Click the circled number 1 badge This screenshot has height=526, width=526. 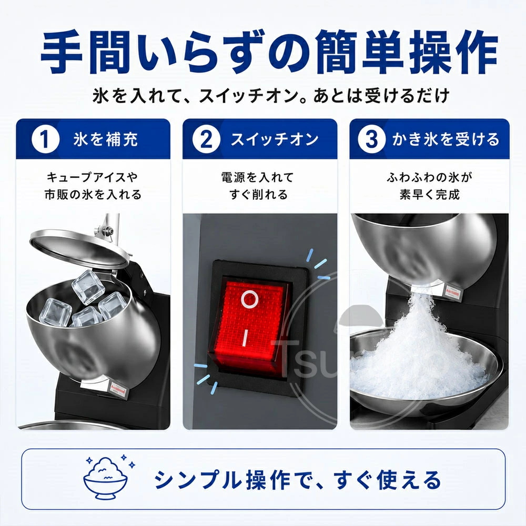pyautogui.click(x=45, y=139)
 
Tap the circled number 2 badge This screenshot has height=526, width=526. pyautogui.click(x=206, y=139)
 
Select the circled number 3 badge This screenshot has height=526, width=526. pyautogui.click(x=371, y=139)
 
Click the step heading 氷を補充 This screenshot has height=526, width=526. pyautogui.click(x=106, y=139)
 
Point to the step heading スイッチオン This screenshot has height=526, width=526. pyautogui.click(x=275, y=139)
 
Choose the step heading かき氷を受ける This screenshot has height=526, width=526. pyautogui.click(x=446, y=139)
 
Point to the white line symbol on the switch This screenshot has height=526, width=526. pyautogui.click(x=246, y=338)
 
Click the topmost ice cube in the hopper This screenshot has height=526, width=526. pyautogui.click(x=88, y=287)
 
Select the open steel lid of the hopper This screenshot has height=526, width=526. pyautogui.click(x=79, y=249)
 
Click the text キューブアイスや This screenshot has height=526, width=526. pyautogui.click(x=92, y=177)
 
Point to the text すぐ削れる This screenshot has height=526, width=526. pyautogui.click(x=258, y=194)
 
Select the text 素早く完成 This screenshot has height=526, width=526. pyautogui.click(x=429, y=194)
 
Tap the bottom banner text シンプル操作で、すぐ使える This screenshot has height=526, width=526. pyautogui.click(x=298, y=480)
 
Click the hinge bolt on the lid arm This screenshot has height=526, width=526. pyautogui.click(x=108, y=230)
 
